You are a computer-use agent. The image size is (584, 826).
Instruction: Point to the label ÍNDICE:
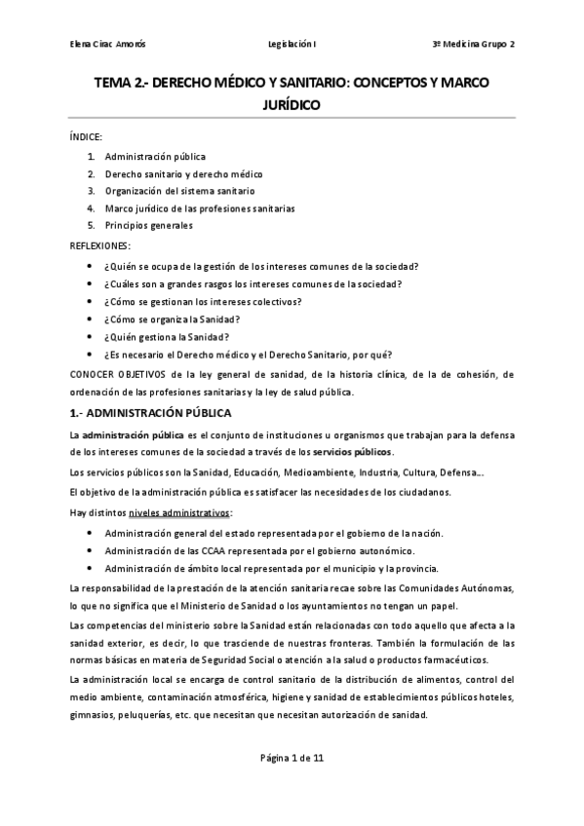coord(87,137)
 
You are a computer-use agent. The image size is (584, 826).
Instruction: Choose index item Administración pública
coord(155,156)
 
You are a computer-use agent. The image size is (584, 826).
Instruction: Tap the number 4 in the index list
coord(91,208)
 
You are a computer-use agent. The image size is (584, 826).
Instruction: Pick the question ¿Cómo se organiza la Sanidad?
coord(171,319)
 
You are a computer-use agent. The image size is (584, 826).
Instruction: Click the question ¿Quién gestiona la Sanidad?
coord(167,336)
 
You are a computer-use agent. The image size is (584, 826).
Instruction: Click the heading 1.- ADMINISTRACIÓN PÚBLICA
coord(150,412)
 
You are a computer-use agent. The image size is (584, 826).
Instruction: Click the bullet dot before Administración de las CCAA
coord(91,551)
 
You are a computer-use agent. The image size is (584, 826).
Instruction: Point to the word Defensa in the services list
coord(457,471)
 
